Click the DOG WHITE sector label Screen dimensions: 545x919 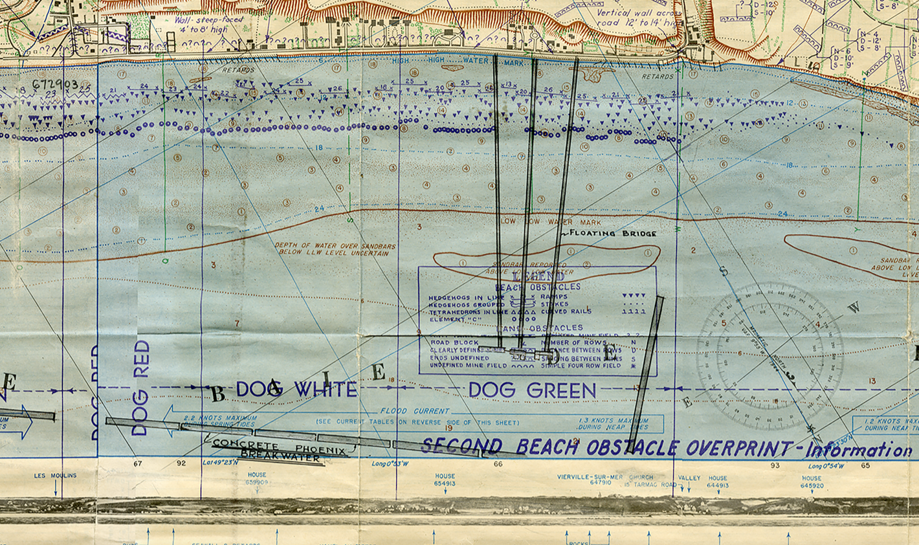click(x=296, y=389)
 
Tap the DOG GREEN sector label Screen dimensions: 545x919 click(x=531, y=390)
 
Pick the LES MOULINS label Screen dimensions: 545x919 click(x=55, y=476)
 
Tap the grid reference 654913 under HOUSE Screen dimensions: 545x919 click(x=445, y=484)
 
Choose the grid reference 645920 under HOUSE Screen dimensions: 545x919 click(x=812, y=485)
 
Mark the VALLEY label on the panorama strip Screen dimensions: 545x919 click(x=689, y=478)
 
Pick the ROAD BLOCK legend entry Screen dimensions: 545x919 click(x=454, y=342)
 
